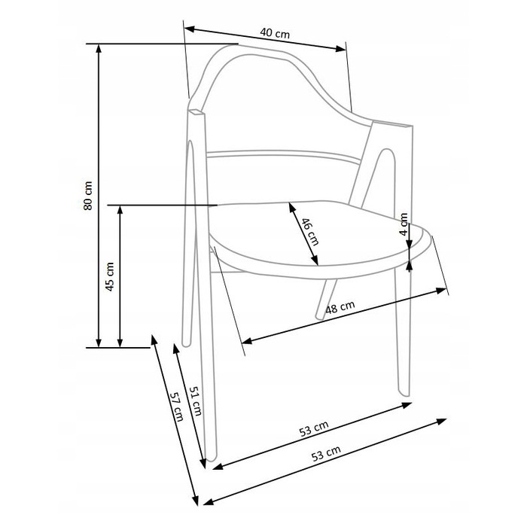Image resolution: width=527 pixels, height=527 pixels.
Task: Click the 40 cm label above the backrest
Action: [275, 33]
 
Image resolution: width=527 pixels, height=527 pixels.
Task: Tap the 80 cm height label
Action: [88, 196]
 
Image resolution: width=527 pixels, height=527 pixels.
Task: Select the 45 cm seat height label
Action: [110, 276]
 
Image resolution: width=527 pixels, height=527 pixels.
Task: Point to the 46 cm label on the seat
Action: [309, 232]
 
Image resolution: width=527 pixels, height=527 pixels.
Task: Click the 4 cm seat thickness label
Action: [404, 224]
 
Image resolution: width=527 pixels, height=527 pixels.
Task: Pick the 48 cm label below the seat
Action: [340, 307]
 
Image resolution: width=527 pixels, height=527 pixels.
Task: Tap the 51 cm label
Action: [196, 401]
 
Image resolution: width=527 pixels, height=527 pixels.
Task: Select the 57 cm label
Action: [176, 407]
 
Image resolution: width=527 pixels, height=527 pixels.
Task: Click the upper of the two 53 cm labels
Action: [314, 428]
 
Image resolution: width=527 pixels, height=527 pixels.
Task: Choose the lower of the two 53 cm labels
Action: [326, 453]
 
